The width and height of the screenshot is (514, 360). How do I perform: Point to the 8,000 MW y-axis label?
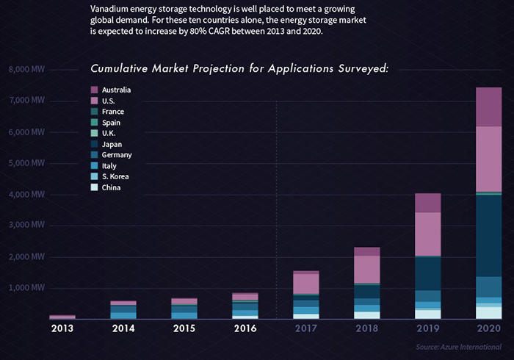point(27,70)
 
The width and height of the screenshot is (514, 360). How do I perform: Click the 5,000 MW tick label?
point(27,163)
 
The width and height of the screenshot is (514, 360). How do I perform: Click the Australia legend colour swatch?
point(93,90)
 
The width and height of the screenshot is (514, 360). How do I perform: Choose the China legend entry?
point(112,187)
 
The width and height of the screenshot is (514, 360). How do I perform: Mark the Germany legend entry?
point(117,155)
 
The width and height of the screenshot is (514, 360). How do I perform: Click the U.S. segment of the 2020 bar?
point(488,159)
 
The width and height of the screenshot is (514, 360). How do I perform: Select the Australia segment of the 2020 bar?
point(488,107)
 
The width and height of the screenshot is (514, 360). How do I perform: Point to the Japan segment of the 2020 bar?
point(488,235)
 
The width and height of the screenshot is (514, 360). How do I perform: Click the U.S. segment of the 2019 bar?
point(427,234)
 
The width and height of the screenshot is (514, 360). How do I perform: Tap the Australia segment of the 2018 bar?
point(366,251)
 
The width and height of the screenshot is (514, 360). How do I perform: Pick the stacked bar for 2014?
point(123,309)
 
